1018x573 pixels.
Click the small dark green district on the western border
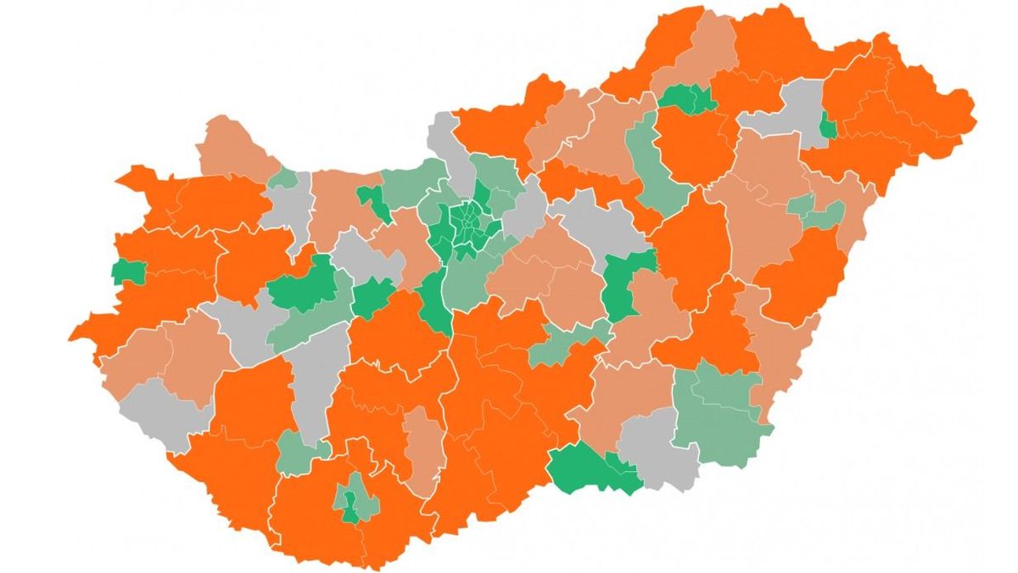tap(127, 272)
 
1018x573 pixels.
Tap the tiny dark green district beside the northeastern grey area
tap(829, 128)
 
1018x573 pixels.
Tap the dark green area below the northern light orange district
tap(687, 100)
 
